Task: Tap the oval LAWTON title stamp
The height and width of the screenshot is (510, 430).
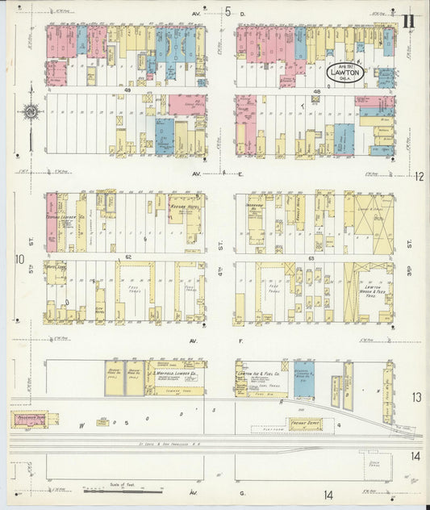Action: (x=345, y=73)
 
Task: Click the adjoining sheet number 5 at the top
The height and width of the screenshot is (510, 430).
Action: (x=228, y=11)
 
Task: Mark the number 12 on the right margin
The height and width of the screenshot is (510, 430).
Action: (x=419, y=176)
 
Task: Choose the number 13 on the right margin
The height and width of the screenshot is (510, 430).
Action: (x=416, y=397)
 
